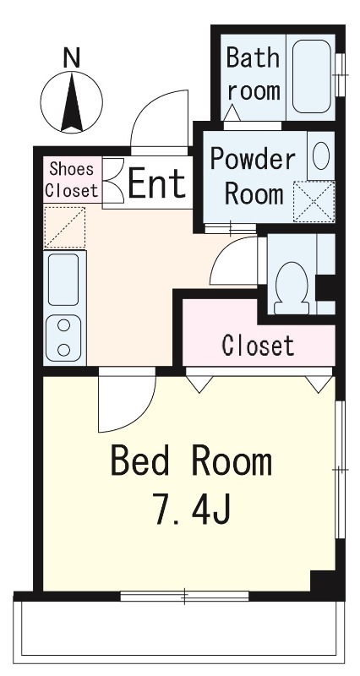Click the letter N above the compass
coord(72,57)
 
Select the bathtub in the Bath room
coord(312,77)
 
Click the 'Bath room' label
coord(253,74)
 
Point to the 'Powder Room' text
coord(254,177)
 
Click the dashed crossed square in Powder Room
coord(314,202)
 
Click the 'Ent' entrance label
coord(157,183)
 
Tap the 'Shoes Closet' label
coord(72,180)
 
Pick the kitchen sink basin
coord(63,280)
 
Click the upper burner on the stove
coord(64,325)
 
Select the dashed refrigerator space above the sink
coord(65,227)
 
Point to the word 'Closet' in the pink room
coord(258,345)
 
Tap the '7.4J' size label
coord(193,510)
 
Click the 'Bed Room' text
coord(191,461)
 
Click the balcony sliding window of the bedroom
coord(184,597)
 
